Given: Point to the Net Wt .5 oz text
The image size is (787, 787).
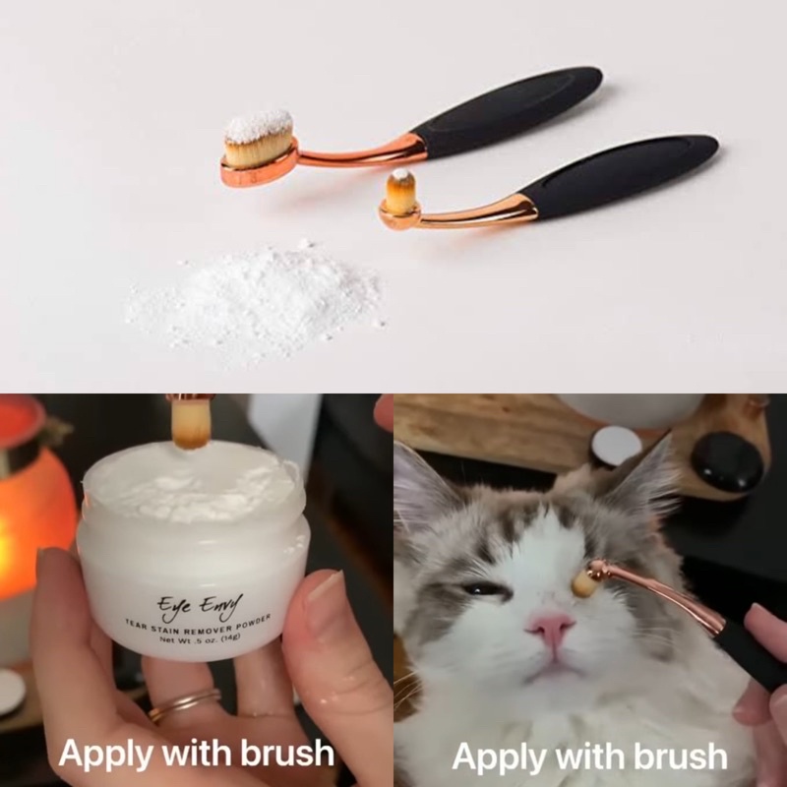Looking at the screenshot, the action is (200, 638).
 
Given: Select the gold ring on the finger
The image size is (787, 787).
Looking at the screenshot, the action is (185, 703).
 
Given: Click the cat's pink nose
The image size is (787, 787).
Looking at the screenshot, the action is (551, 627).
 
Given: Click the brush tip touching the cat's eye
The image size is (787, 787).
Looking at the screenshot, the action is (582, 584).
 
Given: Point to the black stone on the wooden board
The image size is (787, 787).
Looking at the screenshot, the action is (727, 460).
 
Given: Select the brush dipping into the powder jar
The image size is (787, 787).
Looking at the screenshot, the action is (190, 422).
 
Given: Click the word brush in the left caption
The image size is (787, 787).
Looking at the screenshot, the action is (287, 754).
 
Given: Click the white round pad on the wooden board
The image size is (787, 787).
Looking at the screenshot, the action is (617, 447).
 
